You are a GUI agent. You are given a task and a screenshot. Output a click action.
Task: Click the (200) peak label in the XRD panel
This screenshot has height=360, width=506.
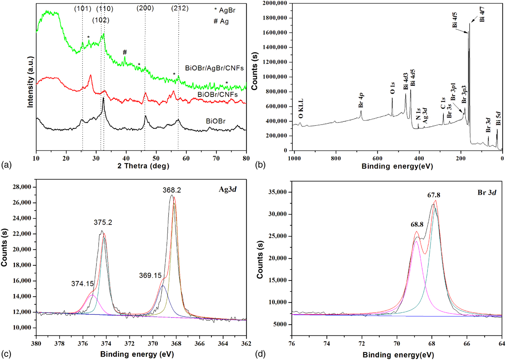(145, 8)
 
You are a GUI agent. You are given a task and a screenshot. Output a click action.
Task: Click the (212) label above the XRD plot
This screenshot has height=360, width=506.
(180, 8)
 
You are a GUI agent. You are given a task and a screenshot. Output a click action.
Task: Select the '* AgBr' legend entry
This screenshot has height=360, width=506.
(224, 10)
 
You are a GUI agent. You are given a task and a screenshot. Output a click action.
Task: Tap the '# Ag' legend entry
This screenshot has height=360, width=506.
(221, 21)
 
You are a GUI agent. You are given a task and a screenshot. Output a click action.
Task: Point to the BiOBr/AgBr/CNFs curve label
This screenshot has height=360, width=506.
(214, 68)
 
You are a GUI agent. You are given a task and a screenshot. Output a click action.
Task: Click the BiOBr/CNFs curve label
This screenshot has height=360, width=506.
(218, 95)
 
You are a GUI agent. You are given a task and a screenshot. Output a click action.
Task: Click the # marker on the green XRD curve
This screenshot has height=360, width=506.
(125, 52)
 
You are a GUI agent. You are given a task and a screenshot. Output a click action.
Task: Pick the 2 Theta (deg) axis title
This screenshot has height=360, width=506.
(143, 166)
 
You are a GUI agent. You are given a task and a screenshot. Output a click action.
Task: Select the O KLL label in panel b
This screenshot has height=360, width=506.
(301, 108)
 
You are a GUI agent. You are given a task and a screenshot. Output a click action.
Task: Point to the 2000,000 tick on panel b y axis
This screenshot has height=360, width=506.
(275, 3)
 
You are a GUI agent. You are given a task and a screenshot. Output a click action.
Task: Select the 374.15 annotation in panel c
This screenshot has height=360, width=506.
(82, 284)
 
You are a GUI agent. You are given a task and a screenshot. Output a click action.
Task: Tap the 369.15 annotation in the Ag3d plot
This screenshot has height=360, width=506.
(150, 276)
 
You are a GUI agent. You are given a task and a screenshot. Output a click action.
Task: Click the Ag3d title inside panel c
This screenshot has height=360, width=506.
(227, 189)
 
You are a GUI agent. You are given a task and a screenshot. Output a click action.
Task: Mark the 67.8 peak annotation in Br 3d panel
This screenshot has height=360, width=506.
(434, 196)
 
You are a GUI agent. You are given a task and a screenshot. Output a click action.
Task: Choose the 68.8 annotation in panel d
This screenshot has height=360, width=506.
(417, 224)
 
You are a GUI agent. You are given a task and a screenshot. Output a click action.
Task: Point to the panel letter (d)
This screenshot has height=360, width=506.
(260, 354)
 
